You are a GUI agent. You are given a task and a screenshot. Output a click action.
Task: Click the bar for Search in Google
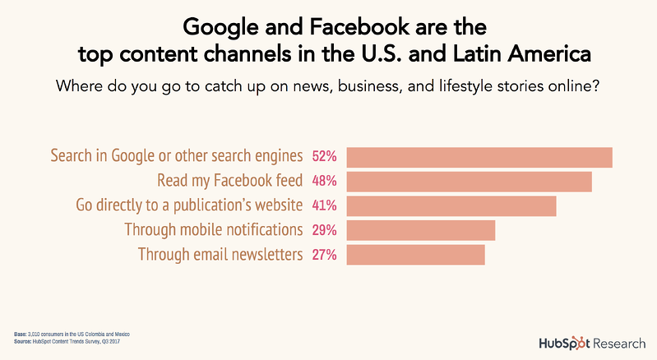click(479, 157)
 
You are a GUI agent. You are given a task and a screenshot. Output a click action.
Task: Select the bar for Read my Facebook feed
click(469, 182)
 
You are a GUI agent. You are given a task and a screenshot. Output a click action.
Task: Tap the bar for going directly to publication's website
click(451, 205)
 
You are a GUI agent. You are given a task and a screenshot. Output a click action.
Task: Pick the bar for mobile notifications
click(421, 230)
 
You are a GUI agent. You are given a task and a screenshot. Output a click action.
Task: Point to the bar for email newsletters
click(416, 255)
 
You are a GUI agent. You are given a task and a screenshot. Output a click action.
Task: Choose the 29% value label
click(325, 230)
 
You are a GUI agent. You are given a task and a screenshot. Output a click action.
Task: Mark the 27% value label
click(325, 255)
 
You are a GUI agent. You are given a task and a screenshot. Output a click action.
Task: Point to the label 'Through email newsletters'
click(220, 255)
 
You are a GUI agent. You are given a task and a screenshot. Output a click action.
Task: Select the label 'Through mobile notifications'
click(214, 230)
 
